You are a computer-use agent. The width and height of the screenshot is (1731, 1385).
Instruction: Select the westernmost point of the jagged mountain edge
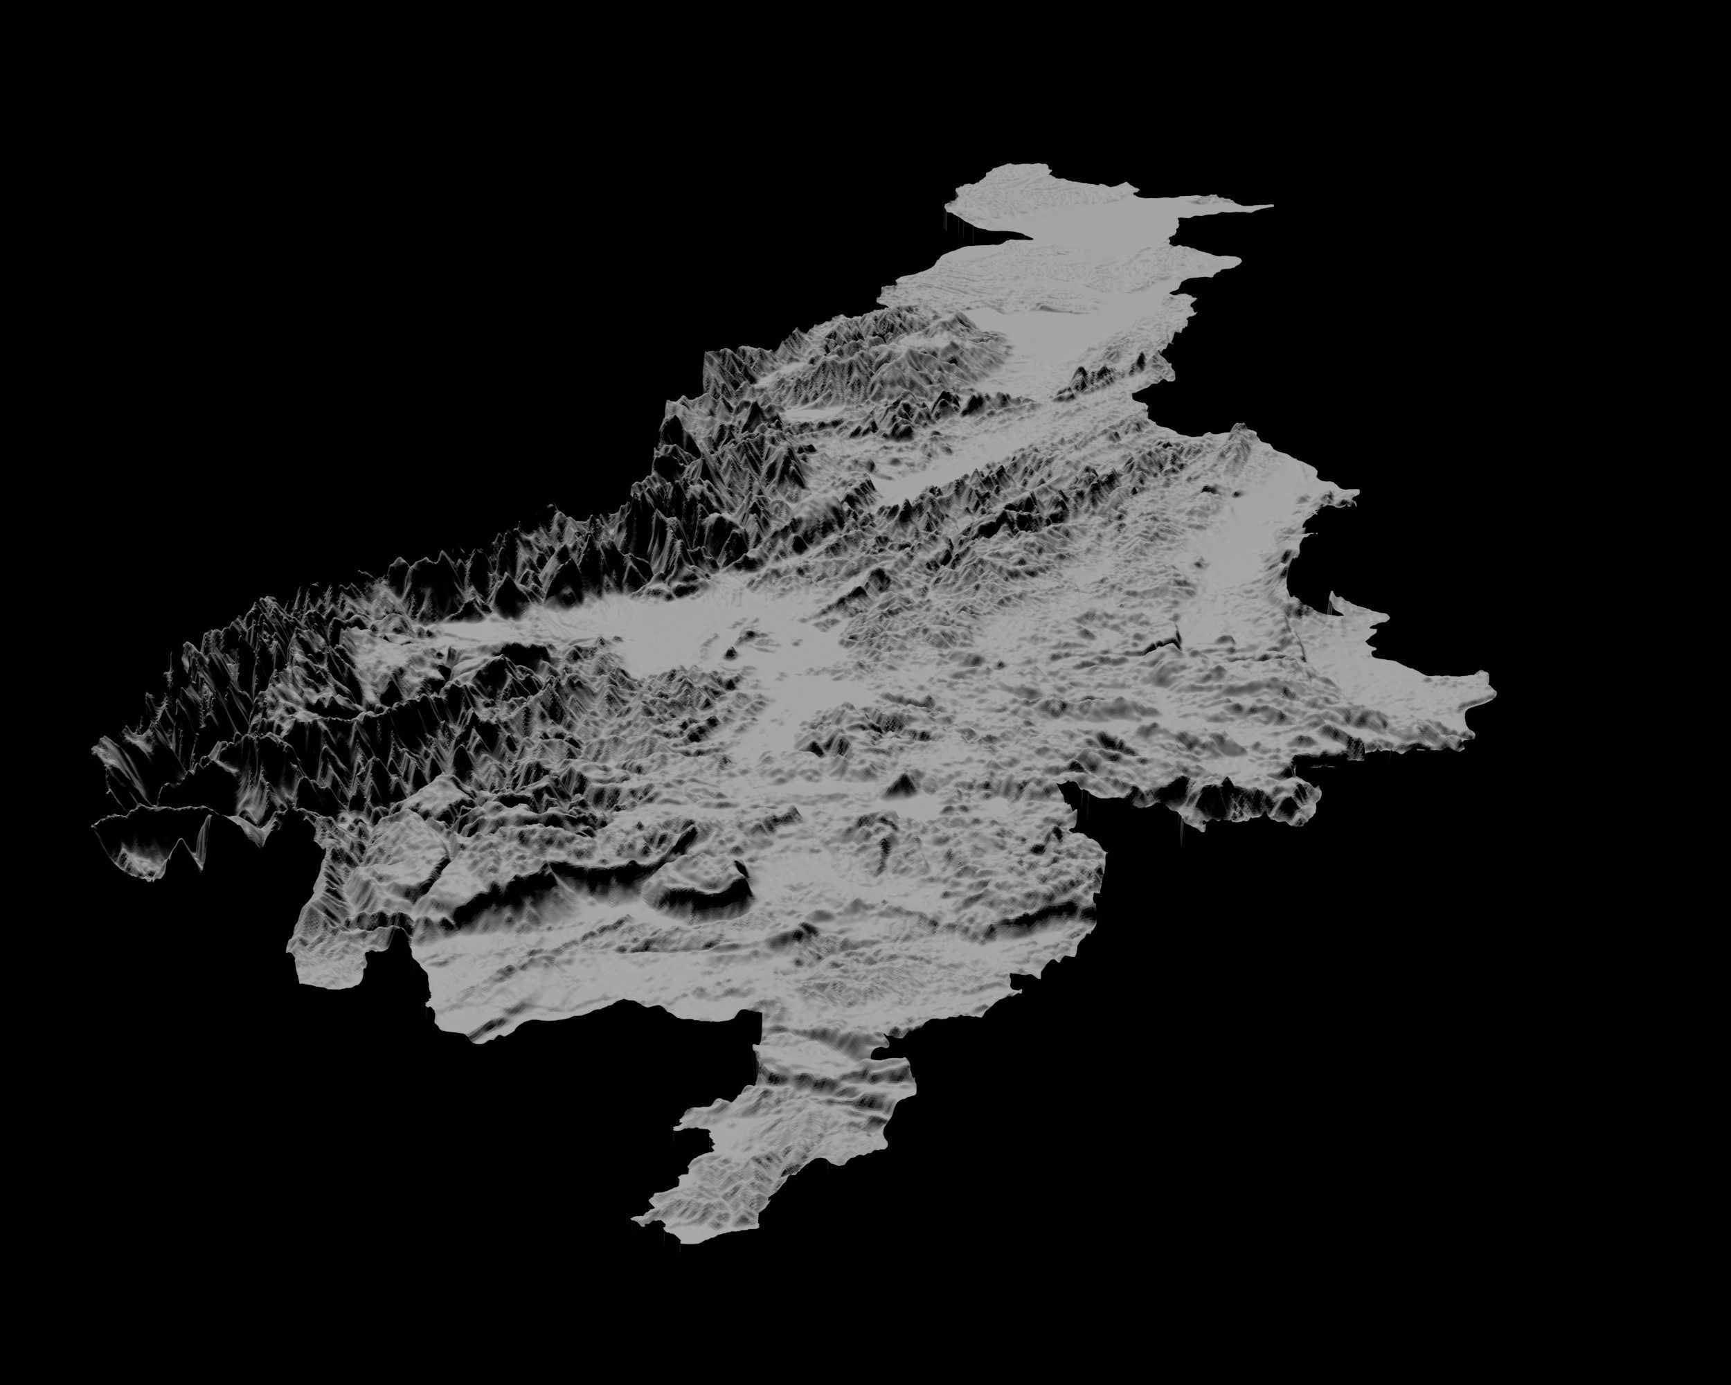tap(95, 751)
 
